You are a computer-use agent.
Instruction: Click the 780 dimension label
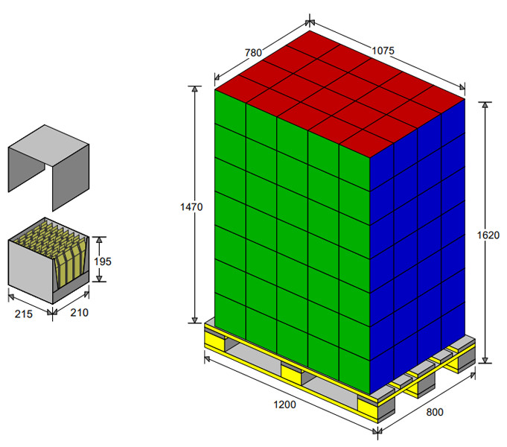(x=253, y=52)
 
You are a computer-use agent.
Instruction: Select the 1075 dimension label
(x=383, y=51)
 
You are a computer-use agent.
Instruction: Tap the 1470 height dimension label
(x=191, y=207)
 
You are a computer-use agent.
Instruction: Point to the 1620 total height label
(x=488, y=235)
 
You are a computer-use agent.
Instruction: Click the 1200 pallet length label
(x=284, y=405)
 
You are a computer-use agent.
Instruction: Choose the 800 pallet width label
(x=435, y=413)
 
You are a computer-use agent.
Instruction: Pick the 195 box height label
(x=103, y=261)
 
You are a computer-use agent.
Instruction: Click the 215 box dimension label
(x=24, y=314)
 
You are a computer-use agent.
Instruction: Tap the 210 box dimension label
(x=79, y=313)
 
